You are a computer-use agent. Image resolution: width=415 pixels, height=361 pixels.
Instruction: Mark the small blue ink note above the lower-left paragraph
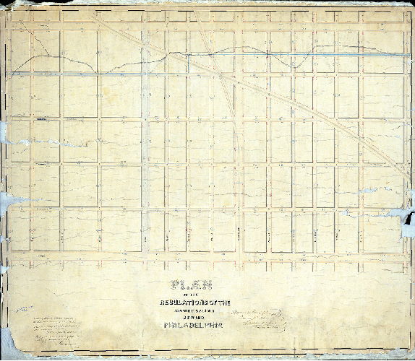point(27,307)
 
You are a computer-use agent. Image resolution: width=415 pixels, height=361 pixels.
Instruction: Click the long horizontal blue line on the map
point(101,73)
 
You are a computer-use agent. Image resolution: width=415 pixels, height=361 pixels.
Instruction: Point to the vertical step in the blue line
point(187,64)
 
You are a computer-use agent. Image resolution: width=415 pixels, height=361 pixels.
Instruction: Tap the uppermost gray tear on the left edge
point(4,130)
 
